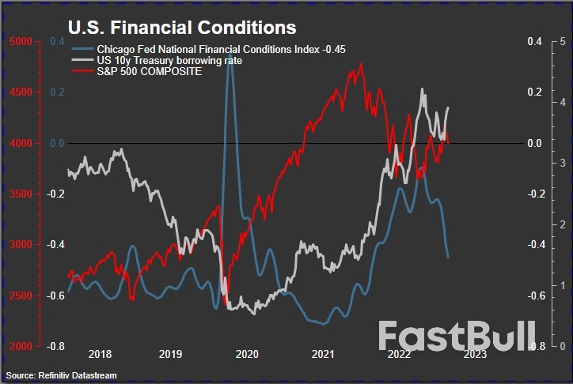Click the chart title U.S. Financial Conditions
click(182, 27)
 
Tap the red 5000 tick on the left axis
click(22, 41)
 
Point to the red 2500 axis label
click(22, 296)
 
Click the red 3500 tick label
click(22, 194)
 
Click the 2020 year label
click(247, 356)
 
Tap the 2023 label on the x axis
click(475, 356)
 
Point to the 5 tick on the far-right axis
click(561, 41)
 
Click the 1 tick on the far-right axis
click(561, 285)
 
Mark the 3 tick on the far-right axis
click(561, 163)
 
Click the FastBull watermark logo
click(457, 335)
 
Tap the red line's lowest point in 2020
click(226, 306)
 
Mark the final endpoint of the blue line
click(449, 257)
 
